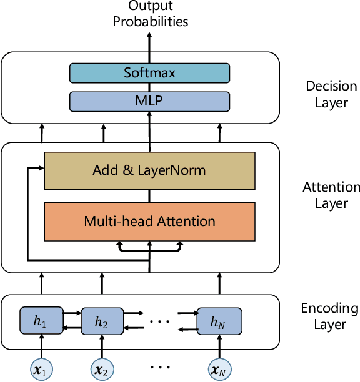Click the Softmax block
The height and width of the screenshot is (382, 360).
tap(149, 73)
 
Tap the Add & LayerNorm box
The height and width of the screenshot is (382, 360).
tap(149, 170)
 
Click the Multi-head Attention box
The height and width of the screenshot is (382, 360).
tap(149, 221)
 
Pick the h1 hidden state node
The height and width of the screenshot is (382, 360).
tap(41, 321)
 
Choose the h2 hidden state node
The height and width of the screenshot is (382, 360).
tap(101, 322)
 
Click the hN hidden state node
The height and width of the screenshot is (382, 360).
tap(219, 322)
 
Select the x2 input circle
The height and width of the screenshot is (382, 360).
tap(101, 370)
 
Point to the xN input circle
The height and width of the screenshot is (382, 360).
tap(219, 370)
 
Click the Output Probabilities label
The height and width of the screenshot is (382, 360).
tap(149, 14)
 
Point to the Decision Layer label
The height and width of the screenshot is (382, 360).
tap(331, 94)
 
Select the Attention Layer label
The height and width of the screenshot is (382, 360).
tap(331, 195)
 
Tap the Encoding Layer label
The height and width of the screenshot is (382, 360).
tap(330, 316)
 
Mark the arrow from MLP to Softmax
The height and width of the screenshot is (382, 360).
tap(149, 87)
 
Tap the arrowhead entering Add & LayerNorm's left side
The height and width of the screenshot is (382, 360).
tap(40, 169)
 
